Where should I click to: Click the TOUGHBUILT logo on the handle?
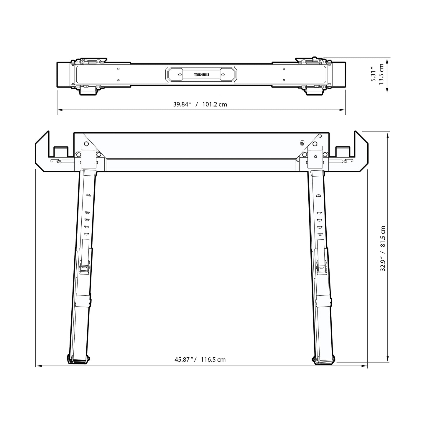pyautogui.click(x=201, y=75)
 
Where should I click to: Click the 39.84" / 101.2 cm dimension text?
pyautogui.click(x=200, y=104)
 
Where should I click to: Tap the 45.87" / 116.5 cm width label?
pyautogui.click(x=200, y=360)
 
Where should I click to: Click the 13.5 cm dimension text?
pyautogui.click(x=381, y=74)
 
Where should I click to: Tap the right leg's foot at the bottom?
pyautogui.click(x=323, y=359)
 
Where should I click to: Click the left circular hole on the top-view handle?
pyautogui.click(x=180, y=75)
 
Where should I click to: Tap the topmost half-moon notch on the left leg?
pyautogui.click(x=87, y=195)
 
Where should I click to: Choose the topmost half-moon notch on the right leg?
pyautogui.click(x=318, y=195)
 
